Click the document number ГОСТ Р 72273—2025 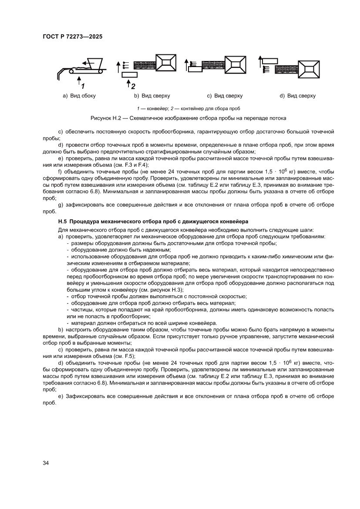tap(72, 37)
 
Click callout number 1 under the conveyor tap(81, 85)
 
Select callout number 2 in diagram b tap(133, 86)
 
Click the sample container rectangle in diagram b tap(129, 75)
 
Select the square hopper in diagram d tap(310, 69)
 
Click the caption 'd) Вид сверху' tap(297, 96)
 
